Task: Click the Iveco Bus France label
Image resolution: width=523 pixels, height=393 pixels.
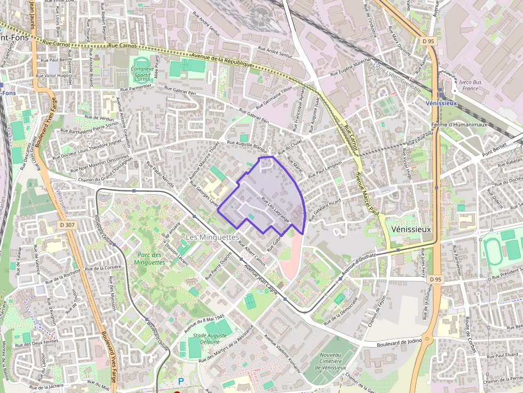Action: (x=470, y=85)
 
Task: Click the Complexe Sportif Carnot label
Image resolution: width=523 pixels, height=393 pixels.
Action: (x=142, y=74)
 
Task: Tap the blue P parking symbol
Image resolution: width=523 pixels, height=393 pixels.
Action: (x=181, y=381)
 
